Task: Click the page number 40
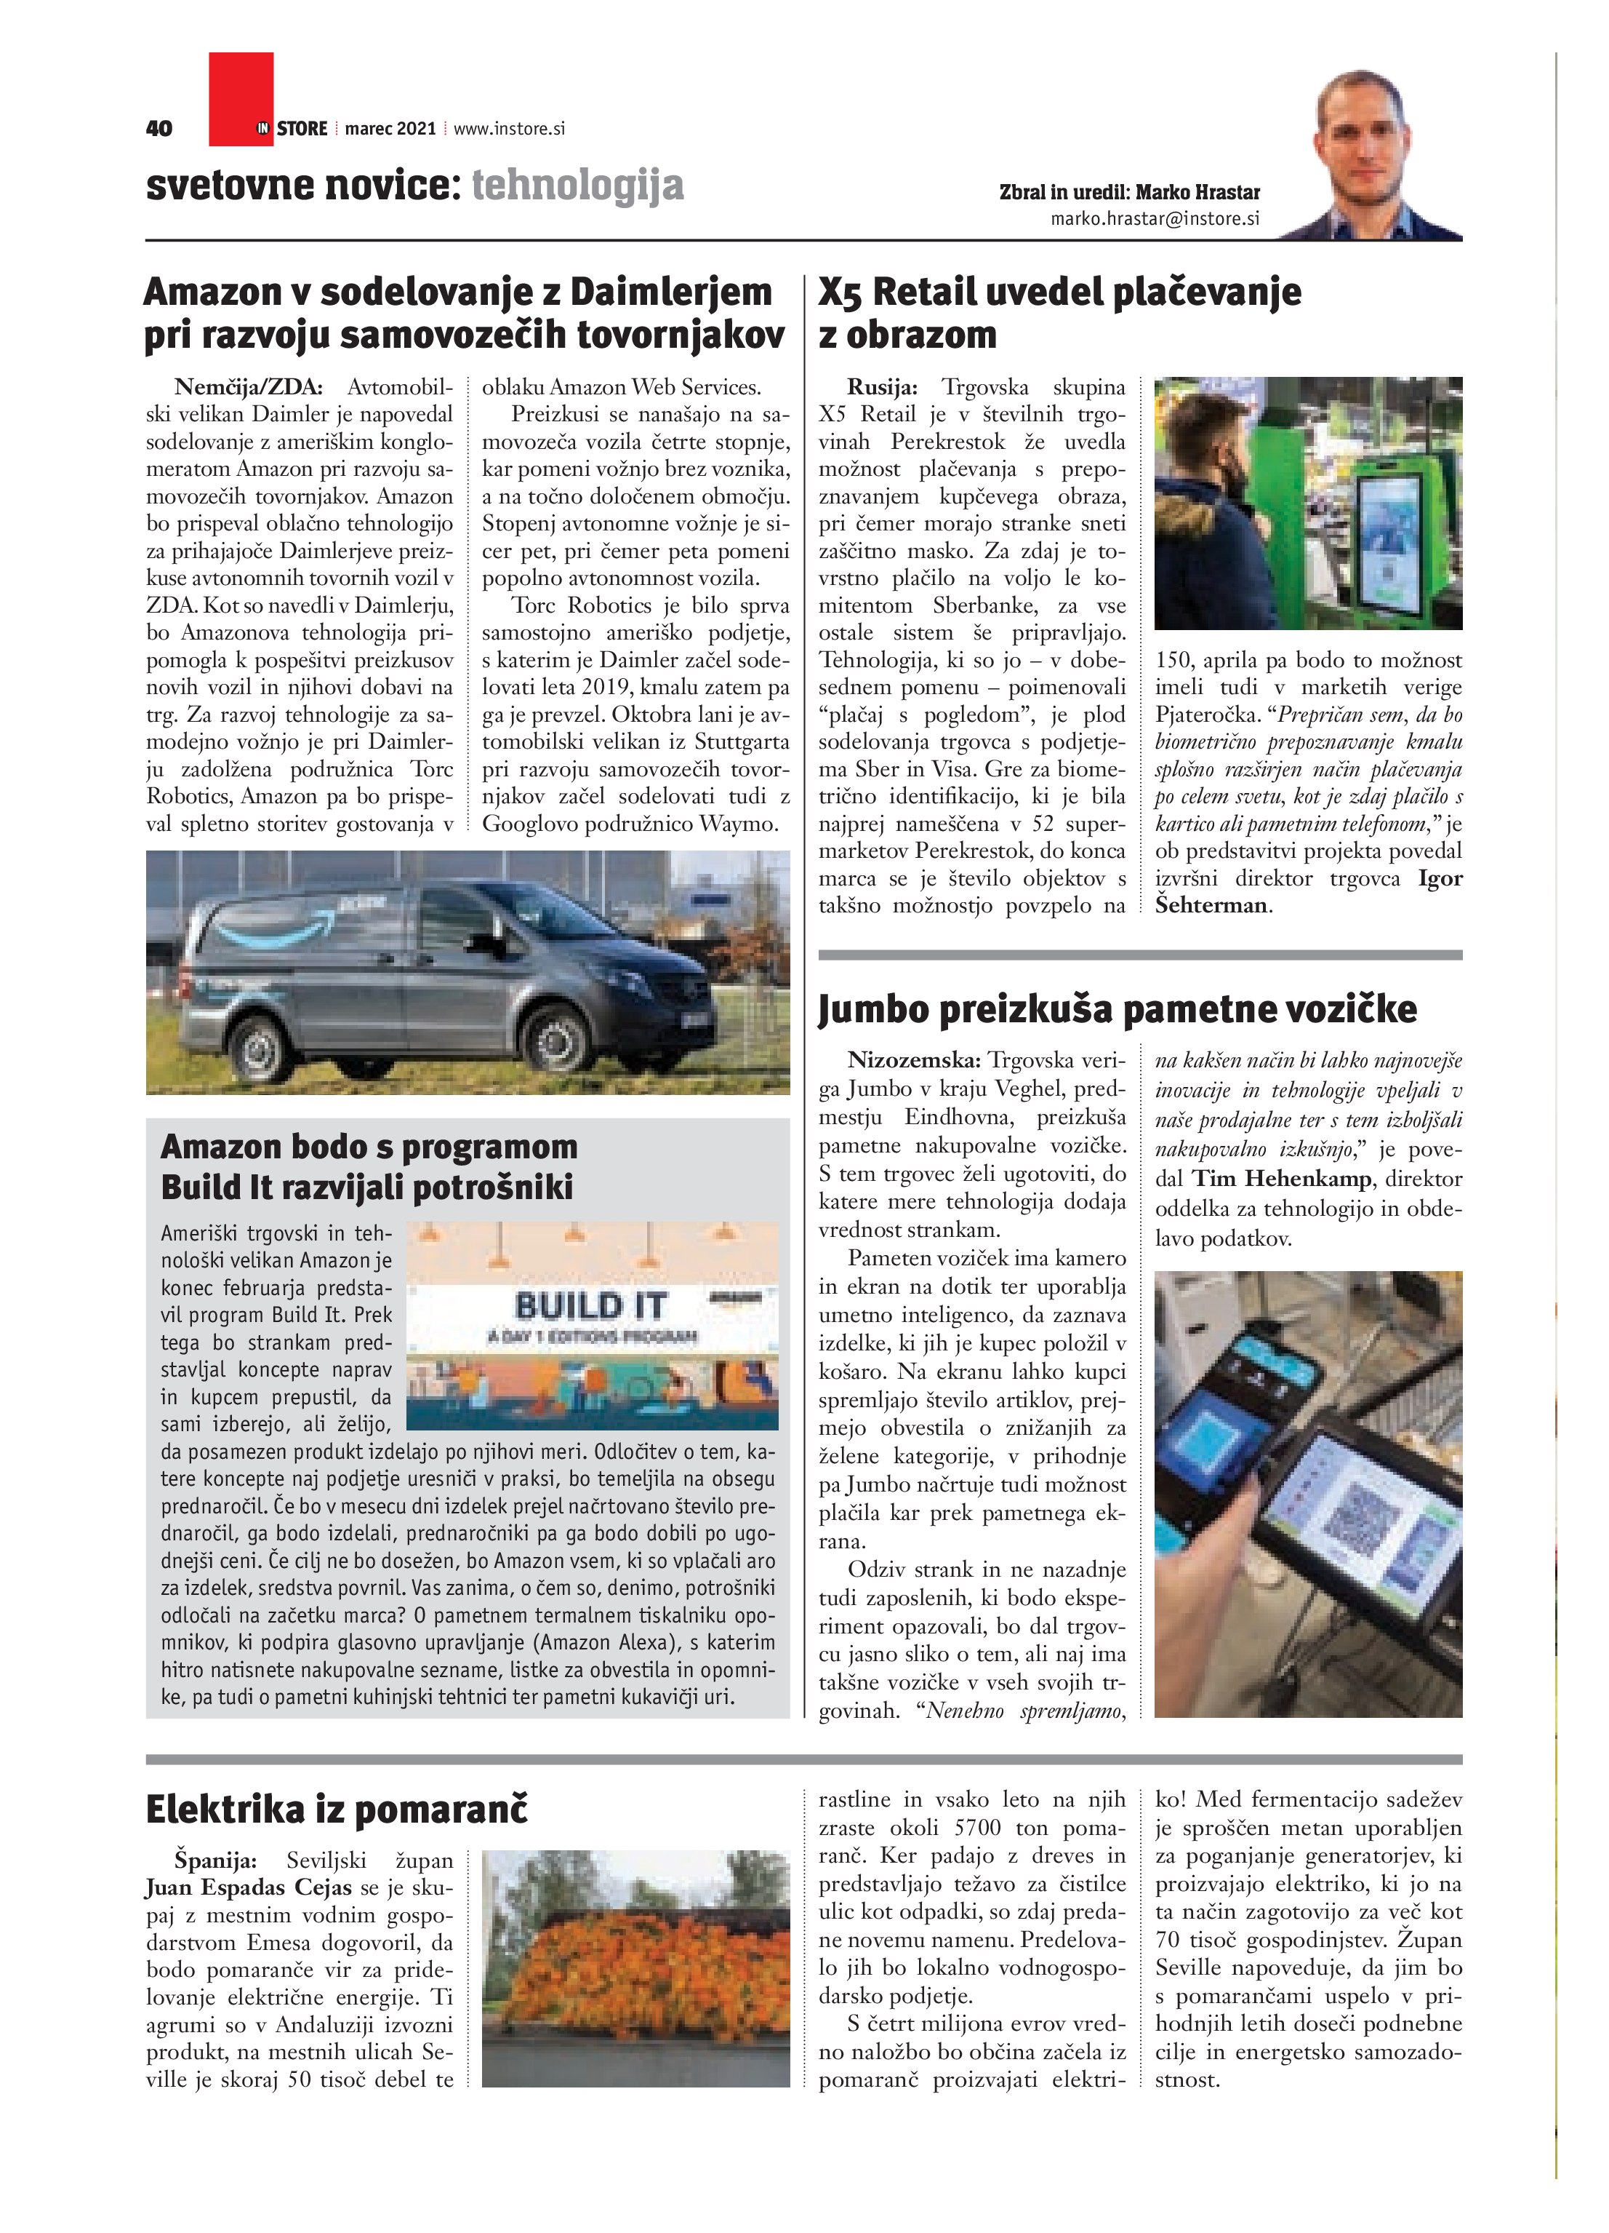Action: tap(159, 128)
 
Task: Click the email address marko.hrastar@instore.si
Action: tap(1155, 218)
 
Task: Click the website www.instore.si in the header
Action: tap(509, 128)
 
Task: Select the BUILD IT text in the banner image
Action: tap(590, 1307)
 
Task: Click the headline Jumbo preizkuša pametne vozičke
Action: tap(1117, 1009)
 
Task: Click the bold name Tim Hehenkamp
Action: tap(1281, 1179)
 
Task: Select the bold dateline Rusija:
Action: tap(882, 387)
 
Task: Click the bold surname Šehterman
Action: tap(1211, 906)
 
